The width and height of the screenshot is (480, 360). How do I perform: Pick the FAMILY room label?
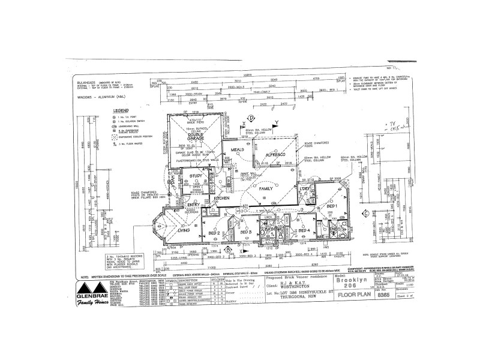coord(266,188)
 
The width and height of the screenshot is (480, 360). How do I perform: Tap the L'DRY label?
coord(302,191)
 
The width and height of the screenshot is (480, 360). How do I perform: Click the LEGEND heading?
coord(122,110)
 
